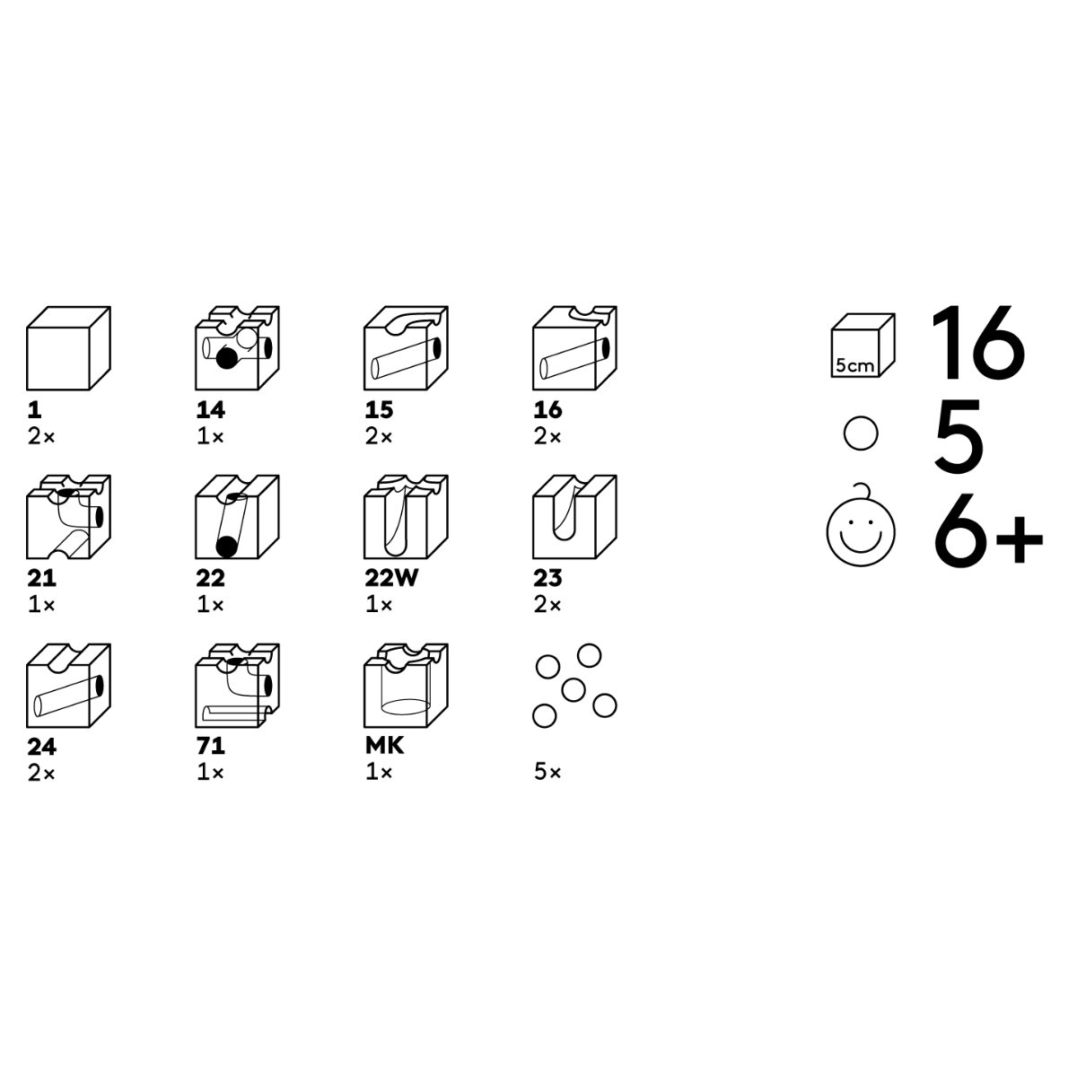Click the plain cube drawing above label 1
[68, 348]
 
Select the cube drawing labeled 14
[237, 348]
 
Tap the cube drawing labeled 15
[406, 348]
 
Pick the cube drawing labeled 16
[574, 348]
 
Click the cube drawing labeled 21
[68, 517]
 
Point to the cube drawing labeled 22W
[406, 517]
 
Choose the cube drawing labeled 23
[574, 517]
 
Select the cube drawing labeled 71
[237, 686]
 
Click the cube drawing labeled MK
[406, 686]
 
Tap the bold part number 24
[42, 748]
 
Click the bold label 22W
[391, 578]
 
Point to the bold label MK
[384, 746]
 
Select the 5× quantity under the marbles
[547, 773]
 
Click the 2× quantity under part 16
[547, 436]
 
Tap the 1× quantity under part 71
[210, 773]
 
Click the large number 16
[977, 343]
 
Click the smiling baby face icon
[861, 527]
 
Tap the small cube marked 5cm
[862, 345]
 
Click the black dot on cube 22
[226, 547]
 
